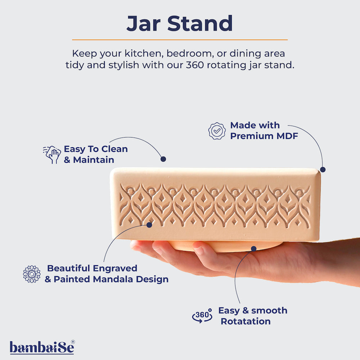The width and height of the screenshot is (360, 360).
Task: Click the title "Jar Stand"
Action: point(180,23)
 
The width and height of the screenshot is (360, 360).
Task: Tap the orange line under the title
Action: point(180,40)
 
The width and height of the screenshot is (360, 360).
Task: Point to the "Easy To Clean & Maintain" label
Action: point(95,154)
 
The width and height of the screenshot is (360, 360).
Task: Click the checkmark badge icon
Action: point(217,131)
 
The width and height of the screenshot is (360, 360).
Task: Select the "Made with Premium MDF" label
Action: point(264,131)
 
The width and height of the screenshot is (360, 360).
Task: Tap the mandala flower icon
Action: point(32,274)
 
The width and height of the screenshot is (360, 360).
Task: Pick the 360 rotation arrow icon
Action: point(202,316)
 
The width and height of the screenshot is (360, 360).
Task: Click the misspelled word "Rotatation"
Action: point(246,321)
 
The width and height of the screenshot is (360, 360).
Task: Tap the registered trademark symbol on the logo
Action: point(73,342)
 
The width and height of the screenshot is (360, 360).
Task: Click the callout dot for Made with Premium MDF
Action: point(323,169)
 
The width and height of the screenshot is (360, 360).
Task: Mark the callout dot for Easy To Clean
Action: point(163,159)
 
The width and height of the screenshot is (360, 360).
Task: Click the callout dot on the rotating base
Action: point(254,248)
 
